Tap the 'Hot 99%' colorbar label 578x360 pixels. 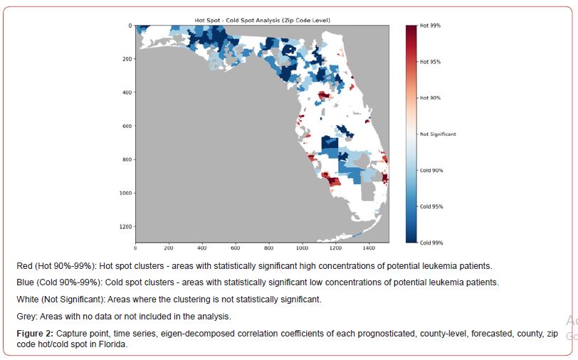430,26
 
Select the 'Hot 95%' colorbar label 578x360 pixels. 430,62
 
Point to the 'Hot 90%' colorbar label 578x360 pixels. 430,97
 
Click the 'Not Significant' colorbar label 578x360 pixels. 438,134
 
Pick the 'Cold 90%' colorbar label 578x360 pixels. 431,170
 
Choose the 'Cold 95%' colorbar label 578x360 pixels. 431,206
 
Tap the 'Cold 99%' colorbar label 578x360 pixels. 431,243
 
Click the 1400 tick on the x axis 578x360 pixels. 369,249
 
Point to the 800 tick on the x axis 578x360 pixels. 269,249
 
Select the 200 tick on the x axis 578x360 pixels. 169,249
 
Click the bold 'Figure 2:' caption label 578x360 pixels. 35,333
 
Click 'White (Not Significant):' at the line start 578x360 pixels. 61,300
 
